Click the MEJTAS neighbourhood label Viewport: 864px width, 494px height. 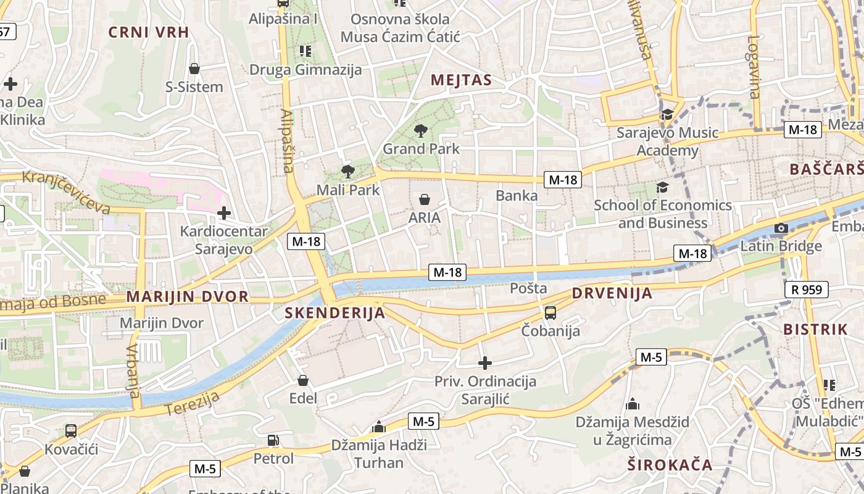click(x=461, y=80)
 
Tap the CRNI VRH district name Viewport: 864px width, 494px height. click(x=148, y=32)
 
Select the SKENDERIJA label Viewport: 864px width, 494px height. click(x=335, y=313)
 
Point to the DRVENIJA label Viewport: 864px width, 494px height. click(x=612, y=293)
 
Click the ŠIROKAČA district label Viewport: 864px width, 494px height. click(x=670, y=465)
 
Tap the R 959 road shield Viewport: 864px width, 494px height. click(x=807, y=289)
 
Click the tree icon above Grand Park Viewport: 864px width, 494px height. click(x=421, y=130)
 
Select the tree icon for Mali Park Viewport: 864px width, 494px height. click(x=347, y=172)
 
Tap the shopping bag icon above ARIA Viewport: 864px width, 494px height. click(x=425, y=199)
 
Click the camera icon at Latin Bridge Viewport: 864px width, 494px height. click(x=781, y=228)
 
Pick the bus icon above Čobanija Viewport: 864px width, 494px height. click(x=550, y=312)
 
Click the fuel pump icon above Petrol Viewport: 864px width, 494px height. click(x=273, y=440)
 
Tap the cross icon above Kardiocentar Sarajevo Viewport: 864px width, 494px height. click(x=224, y=214)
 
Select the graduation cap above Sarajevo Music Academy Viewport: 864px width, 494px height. click(x=667, y=115)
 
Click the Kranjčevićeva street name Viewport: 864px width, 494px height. click(x=66, y=192)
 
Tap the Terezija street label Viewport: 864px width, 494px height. click(x=193, y=404)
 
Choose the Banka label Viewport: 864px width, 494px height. click(x=517, y=196)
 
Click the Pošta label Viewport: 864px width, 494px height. click(x=528, y=288)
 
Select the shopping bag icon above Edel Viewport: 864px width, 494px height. click(x=302, y=380)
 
